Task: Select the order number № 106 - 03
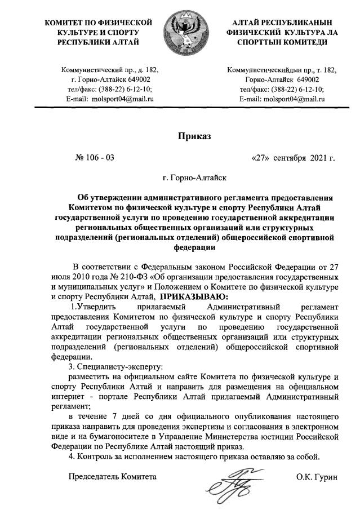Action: pos(94,157)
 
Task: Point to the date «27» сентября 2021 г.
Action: pos(294,157)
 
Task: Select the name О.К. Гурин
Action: pos(316,477)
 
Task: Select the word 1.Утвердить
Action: pos(93,306)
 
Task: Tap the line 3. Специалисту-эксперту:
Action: pos(115,366)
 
